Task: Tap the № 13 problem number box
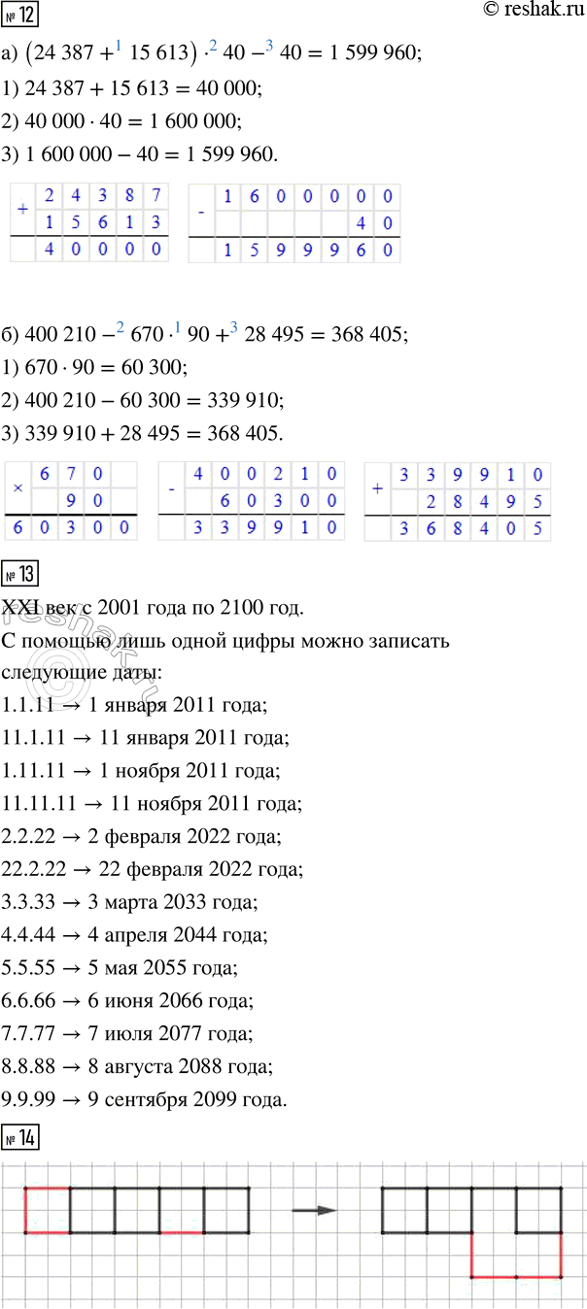click(x=19, y=574)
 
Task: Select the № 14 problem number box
click(x=19, y=1133)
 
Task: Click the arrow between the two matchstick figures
click(x=315, y=1210)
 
